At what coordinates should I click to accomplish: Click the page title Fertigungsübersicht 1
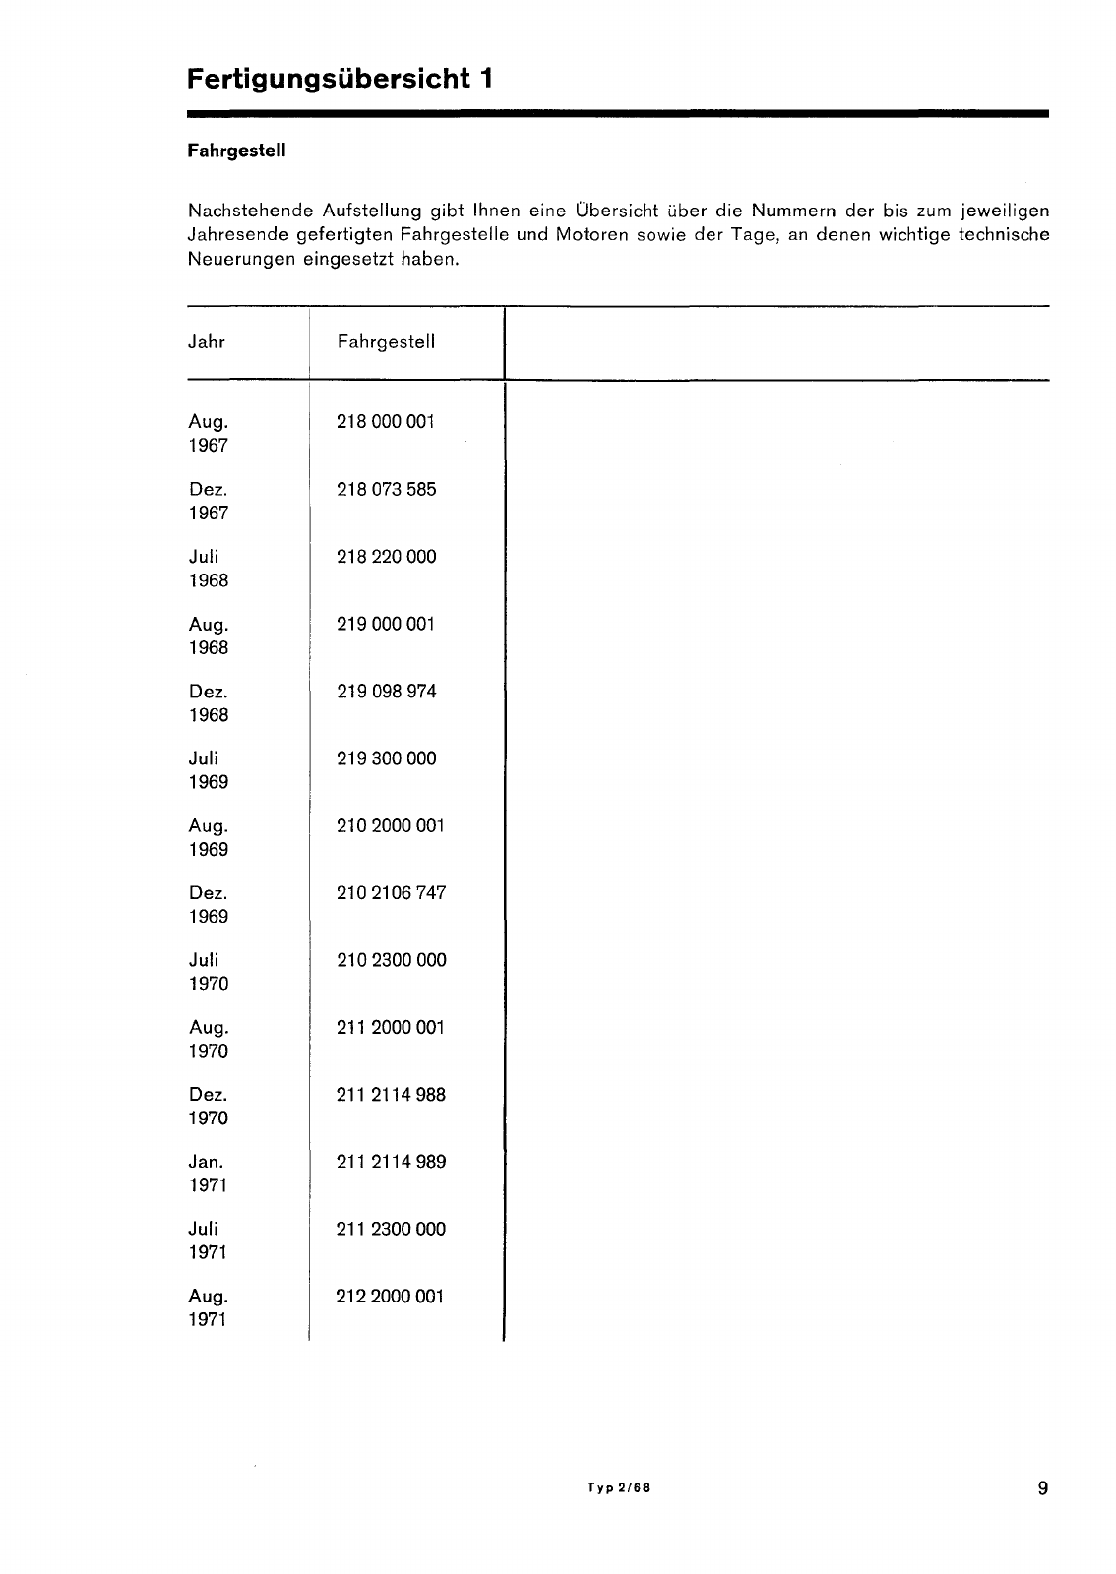point(340,78)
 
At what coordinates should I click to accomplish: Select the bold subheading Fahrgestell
point(236,152)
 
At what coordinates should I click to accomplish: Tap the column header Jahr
point(207,342)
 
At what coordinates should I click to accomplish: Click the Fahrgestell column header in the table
point(386,342)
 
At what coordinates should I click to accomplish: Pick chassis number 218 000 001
point(386,422)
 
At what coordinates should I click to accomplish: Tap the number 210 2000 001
point(391,826)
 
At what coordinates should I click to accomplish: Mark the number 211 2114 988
point(391,1095)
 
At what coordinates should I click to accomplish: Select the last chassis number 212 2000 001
point(391,1297)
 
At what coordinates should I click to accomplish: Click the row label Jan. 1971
point(208,1174)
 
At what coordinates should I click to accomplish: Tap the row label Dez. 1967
point(209,501)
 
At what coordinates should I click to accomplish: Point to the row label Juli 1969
point(209,770)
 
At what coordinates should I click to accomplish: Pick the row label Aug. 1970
point(209,1039)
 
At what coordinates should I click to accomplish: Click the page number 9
point(1042,1488)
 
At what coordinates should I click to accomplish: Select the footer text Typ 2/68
point(618,1488)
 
